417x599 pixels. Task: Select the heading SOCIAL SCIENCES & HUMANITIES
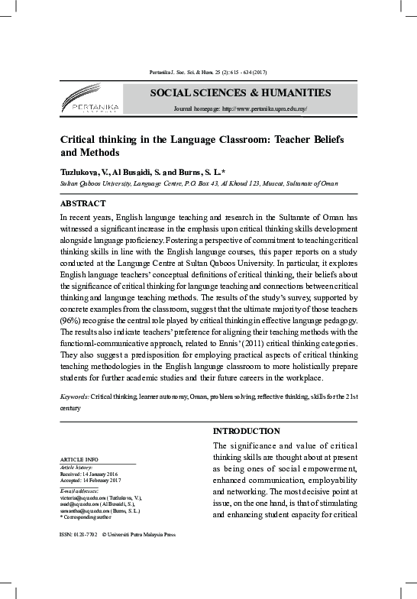click(240, 93)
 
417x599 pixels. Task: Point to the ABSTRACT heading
click(85, 205)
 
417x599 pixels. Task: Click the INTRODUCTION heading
click(246, 431)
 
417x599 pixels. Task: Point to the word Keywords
click(74, 398)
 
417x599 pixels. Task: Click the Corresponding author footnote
click(87, 517)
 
